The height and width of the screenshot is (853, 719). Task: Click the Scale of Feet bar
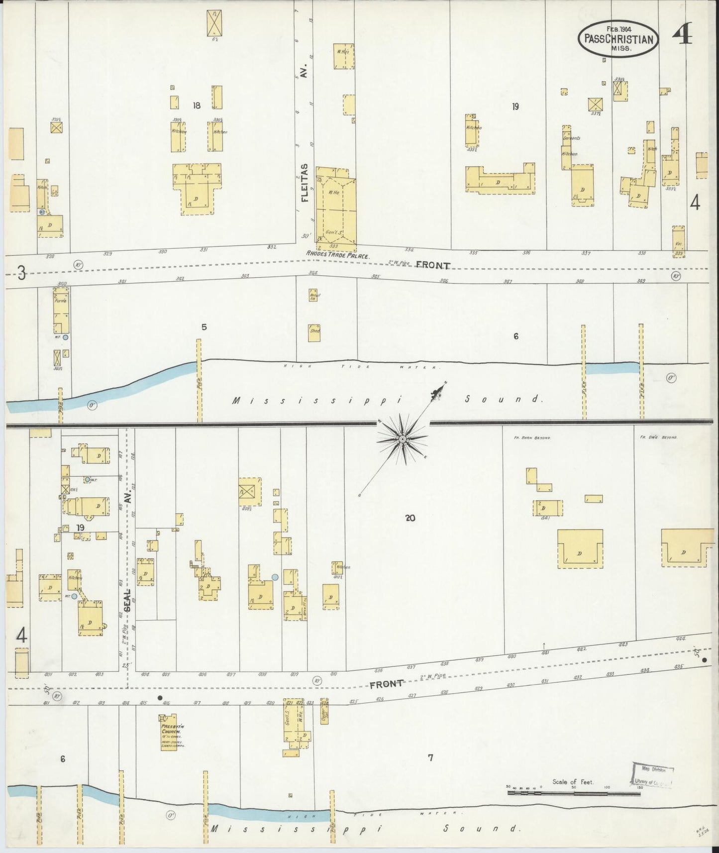(572, 792)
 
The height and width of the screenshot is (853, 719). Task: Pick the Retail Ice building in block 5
(314, 295)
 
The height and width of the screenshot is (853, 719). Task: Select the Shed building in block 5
(314, 332)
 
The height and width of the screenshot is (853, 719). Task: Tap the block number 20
(410, 518)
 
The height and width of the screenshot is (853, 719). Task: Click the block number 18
(197, 106)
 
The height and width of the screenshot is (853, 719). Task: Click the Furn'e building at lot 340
(61, 310)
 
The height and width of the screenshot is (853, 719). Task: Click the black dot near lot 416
(160, 698)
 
